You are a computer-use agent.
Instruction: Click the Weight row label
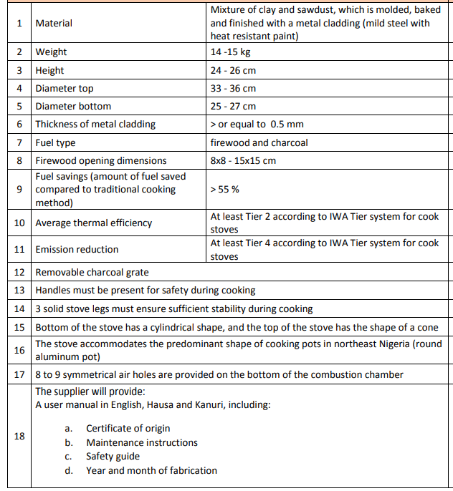[51, 52]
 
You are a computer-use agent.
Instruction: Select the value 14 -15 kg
[230, 52]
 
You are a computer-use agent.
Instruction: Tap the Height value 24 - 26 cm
[233, 70]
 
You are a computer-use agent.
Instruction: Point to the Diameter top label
[65, 88]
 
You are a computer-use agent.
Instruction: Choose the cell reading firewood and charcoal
[259, 142]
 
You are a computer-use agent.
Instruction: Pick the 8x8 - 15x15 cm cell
[243, 160]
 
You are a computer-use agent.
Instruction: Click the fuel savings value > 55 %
[224, 189]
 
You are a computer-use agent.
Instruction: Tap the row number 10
[19, 223]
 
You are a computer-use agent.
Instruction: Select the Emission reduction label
[77, 249]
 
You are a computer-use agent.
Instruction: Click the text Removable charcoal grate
[92, 272]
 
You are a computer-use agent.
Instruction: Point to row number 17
[19, 374]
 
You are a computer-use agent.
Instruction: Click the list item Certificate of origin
[128, 428]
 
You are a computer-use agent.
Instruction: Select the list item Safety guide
[113, 456]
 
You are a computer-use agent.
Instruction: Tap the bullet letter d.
[68, 470]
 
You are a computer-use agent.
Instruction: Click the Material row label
[54, 23]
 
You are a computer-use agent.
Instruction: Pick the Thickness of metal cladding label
[95, 124]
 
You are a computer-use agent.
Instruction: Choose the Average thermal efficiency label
[93, 223]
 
